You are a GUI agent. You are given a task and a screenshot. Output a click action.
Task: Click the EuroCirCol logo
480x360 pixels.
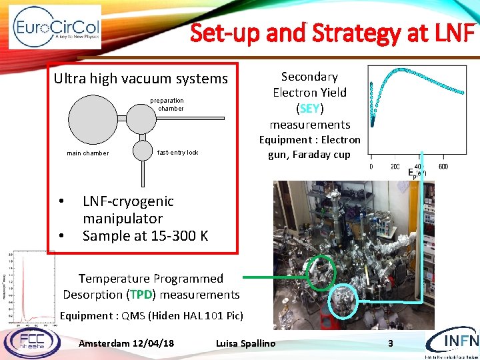point(55,27)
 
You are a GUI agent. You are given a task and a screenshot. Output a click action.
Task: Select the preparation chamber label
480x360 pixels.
point(167,104)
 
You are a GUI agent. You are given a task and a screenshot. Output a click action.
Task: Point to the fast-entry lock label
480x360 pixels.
point(177,153)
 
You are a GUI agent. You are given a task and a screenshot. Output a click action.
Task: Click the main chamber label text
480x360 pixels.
point(87,153)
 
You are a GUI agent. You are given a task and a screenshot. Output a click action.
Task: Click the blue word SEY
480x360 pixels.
point(309,109)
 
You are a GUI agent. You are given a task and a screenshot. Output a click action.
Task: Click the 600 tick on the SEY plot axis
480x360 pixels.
point(443,167)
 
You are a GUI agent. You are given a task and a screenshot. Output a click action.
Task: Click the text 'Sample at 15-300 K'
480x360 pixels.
point(145,235)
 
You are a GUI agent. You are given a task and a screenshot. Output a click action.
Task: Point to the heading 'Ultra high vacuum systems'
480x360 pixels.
point(141,79)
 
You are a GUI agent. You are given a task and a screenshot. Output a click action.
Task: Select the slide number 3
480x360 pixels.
point(391,343)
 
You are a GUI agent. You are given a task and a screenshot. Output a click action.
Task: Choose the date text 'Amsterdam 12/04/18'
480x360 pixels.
point(126,343)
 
